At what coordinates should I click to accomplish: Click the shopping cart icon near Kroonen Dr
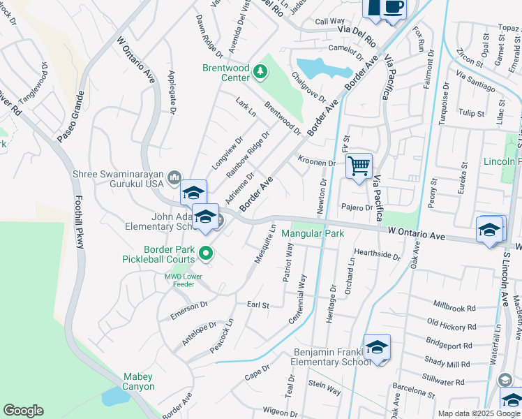[359, 166]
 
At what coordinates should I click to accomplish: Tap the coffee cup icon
[394, 7]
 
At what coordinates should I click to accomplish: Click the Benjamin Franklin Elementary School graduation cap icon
[377, 347]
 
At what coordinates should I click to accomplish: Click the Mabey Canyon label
[138, 381]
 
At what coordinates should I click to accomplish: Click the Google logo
[23, 411]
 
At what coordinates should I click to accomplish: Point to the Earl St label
[258, 304]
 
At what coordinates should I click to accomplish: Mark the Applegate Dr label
[172, 91]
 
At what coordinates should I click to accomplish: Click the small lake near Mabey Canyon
[114, 396]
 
